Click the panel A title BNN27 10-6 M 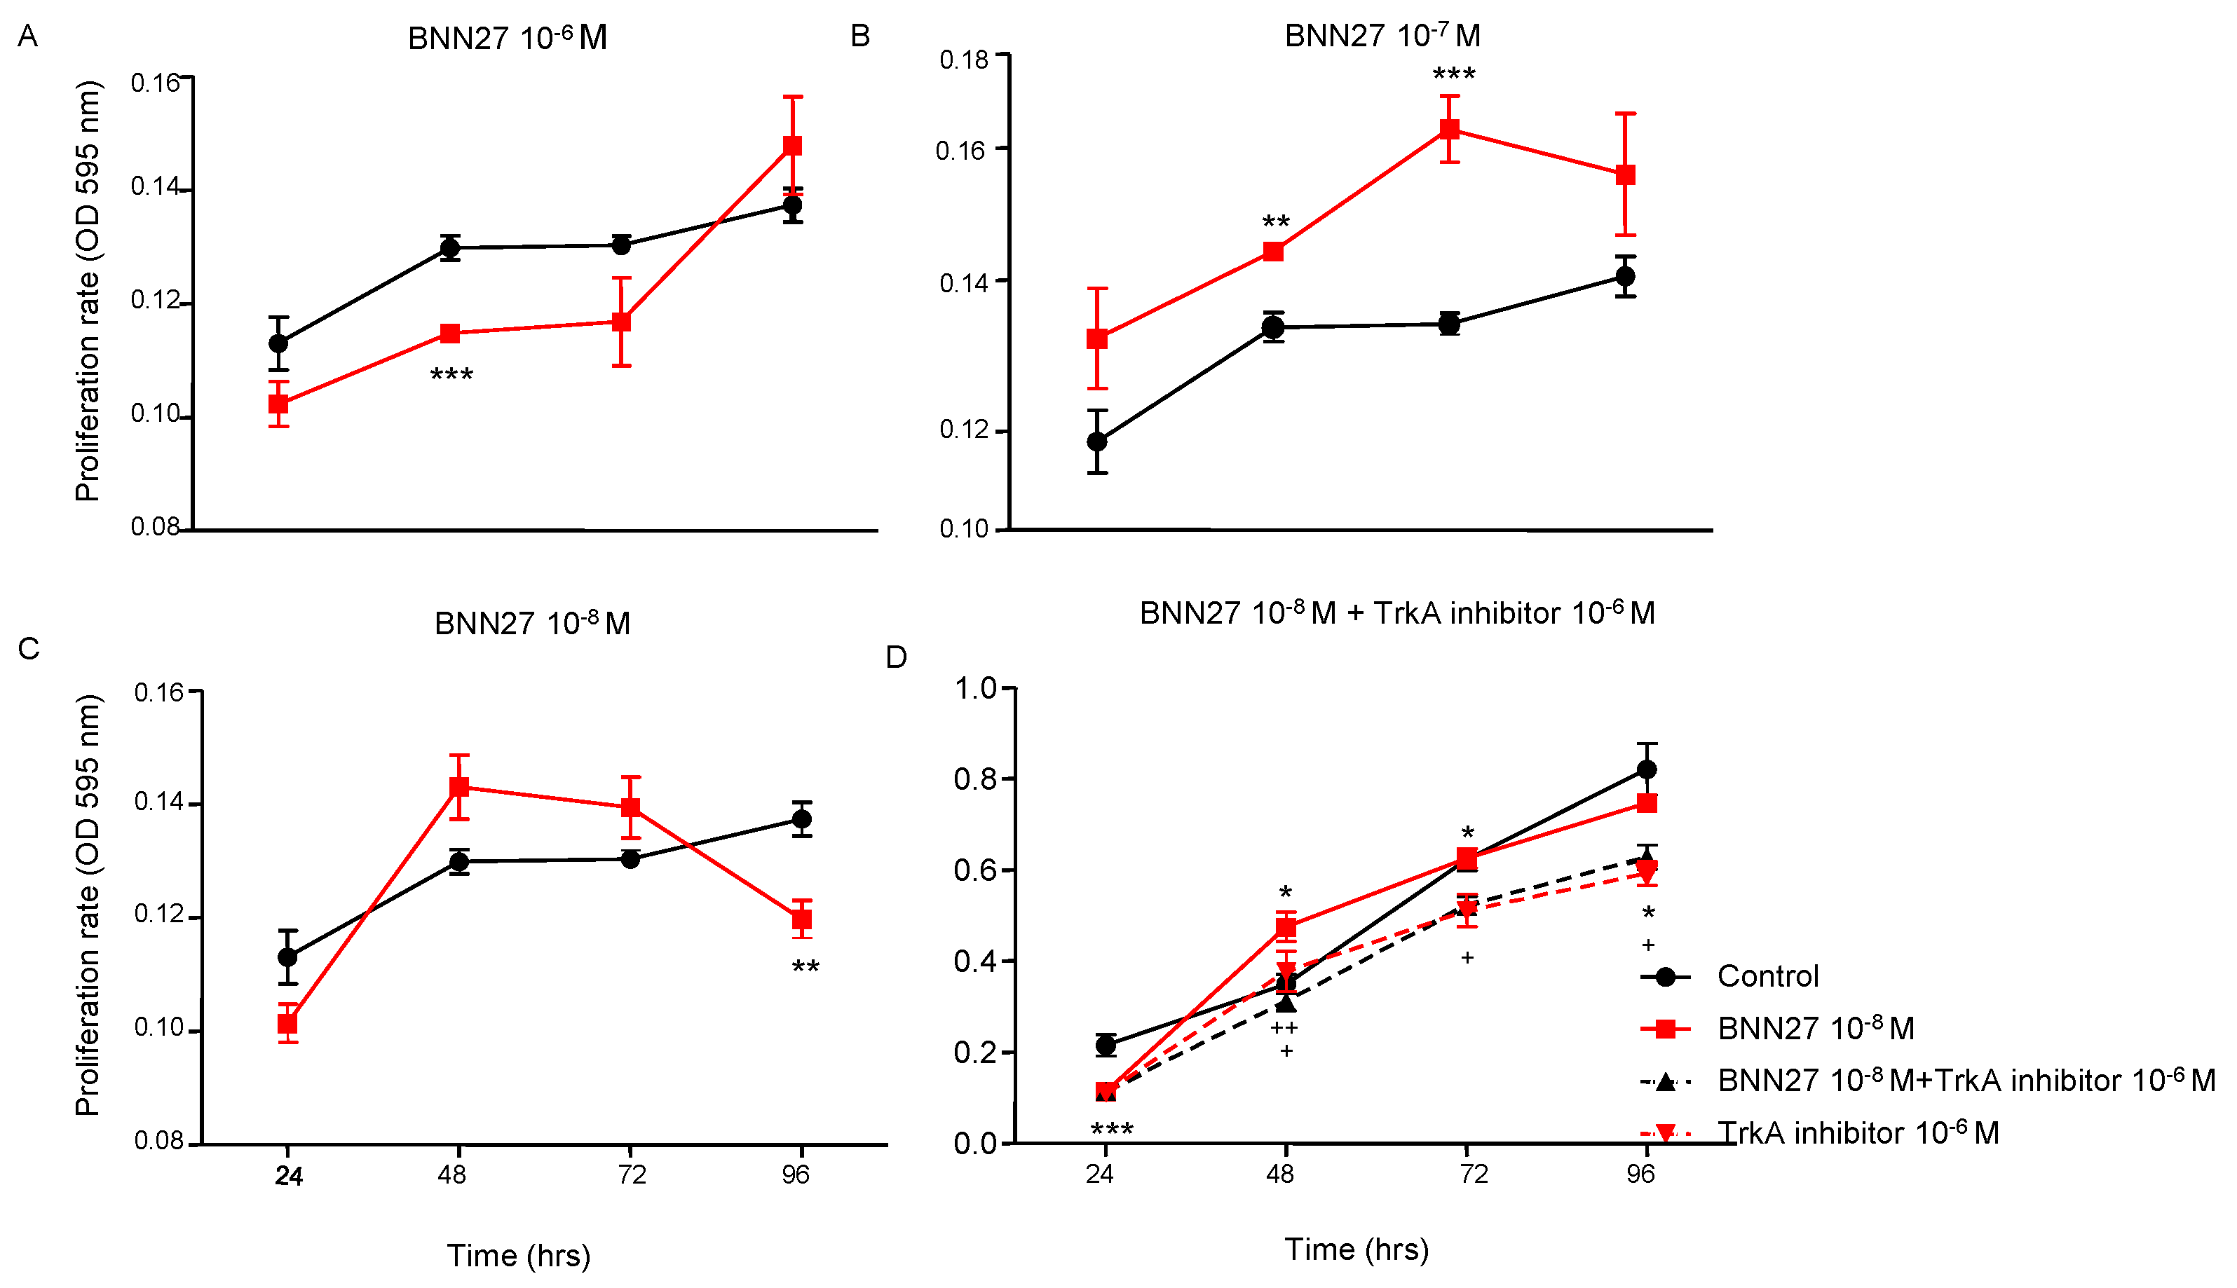507,38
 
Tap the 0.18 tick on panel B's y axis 964,60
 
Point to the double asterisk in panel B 1275,222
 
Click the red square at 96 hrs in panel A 793,145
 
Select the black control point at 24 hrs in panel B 1097,441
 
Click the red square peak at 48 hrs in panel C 458,786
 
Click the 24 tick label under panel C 288,1176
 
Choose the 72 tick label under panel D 1472,1174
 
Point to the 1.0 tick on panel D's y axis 974,687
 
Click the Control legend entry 1767,975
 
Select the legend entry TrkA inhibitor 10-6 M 1858,1132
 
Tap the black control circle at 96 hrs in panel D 1646,769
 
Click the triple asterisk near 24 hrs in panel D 1111,1130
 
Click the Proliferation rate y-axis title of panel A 88,292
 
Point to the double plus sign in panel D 1284,1028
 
